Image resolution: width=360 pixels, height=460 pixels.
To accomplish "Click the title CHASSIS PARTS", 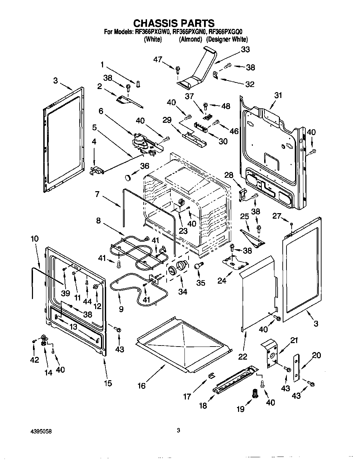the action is [174, 23].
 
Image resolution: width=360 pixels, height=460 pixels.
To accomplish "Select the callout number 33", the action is [245, 50].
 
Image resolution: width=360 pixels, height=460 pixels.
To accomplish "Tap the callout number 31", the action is [278, 95].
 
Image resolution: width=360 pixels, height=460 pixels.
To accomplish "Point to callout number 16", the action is [142, 386].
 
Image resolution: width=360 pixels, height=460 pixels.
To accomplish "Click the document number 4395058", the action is [42, 431].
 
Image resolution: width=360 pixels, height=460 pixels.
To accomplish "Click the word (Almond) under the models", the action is [190, 40].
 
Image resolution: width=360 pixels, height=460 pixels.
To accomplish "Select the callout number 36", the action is [145, 166].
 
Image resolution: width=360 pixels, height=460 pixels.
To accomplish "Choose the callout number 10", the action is [34, 239].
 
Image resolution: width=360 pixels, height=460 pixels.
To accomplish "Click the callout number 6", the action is [101, 111].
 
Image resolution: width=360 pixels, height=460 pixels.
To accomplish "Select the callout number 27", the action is [277, 216].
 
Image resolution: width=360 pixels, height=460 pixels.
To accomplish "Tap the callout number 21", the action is [294, 340].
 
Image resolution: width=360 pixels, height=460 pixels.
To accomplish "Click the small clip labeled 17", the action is [211, 375].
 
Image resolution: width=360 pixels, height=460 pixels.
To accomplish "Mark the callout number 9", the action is [121, 309].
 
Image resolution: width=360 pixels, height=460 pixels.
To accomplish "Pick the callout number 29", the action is [167, 120].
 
